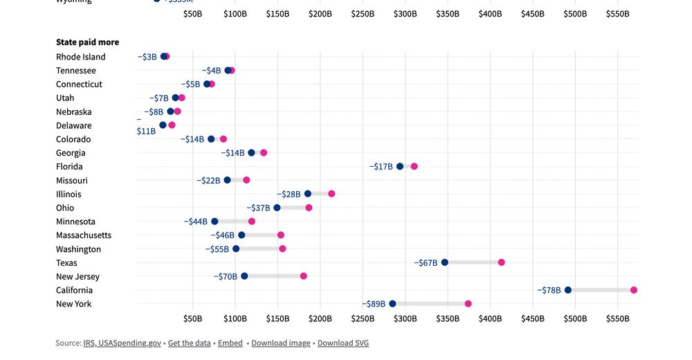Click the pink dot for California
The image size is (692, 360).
click(633, 290)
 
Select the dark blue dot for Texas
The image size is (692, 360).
click(444, 262)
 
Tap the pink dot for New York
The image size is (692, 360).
click(468, 304)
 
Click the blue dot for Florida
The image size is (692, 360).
click(399, 166)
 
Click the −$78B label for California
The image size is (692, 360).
click(549, 290)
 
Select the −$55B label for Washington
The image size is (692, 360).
click(217, 249)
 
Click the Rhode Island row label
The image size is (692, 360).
click(80, 57)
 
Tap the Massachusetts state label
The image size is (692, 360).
click(83, 235)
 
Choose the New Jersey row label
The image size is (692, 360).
click(78, 276)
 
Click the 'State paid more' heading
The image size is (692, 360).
click(87, 42)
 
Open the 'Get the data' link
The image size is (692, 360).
click(189, 343)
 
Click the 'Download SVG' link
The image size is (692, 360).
click(343, 343)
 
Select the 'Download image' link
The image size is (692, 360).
click(281, 343)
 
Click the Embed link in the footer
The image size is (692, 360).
click(230, 343)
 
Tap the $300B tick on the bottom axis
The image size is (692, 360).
click(405, 318)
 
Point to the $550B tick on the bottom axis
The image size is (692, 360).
click(617, 318)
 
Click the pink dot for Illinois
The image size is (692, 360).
click(331, 194)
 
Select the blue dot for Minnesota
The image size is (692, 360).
click(215, 222)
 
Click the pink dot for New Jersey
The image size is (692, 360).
click(303, 276)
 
